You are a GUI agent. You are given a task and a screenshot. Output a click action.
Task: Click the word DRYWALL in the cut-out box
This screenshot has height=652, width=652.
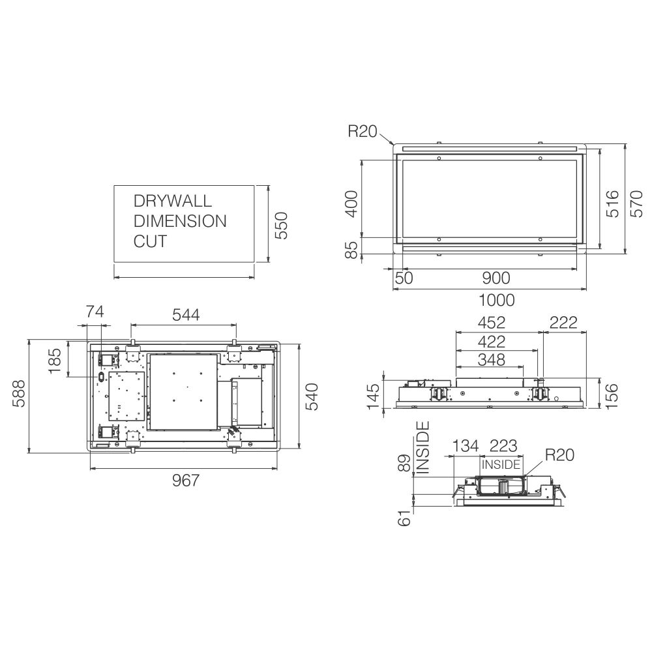173,201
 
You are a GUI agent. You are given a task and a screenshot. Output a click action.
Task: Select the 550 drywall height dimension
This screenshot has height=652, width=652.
282,226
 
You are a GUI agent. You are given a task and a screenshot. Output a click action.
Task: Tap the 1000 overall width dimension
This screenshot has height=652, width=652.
496,300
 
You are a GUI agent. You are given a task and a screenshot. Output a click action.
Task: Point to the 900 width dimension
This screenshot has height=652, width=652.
496,278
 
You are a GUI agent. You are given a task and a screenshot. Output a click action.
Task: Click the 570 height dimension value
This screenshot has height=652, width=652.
636,203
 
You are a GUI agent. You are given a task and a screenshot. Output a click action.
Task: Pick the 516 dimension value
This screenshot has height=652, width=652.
612,203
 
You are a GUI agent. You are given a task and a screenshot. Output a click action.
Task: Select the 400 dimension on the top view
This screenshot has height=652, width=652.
352,203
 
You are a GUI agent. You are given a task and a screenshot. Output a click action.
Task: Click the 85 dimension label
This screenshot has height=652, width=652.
352,250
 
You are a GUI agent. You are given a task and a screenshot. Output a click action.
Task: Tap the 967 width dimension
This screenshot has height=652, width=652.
186,481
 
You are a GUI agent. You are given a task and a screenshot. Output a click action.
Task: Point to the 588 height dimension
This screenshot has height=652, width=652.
19,393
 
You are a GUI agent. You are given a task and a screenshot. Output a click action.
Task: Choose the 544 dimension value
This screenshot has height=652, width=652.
186,315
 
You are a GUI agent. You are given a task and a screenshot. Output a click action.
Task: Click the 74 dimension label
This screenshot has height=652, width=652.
95,312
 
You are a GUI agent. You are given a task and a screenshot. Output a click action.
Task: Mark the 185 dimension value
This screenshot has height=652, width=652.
55,361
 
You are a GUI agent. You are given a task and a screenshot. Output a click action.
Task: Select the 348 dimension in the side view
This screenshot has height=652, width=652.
492,360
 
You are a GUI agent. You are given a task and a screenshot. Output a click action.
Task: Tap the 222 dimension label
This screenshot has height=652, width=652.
563,323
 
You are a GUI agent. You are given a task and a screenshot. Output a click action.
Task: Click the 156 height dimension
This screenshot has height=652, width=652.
612,396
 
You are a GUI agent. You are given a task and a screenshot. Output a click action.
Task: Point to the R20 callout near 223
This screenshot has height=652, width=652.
559,455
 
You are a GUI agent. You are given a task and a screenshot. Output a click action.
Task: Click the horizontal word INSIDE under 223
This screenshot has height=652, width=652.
501,464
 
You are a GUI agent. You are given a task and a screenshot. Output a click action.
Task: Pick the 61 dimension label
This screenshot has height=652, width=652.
404,518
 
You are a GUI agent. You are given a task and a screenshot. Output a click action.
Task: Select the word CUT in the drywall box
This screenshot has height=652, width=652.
150,241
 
